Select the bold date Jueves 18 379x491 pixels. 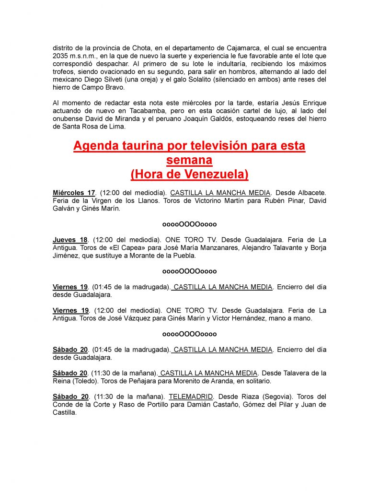pyautogui.click(x=70, y=240)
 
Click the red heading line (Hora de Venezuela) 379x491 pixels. pyautogui.click(x=189, y=174)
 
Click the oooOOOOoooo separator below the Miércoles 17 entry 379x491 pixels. pyautogui.click(x=189, y=224)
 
